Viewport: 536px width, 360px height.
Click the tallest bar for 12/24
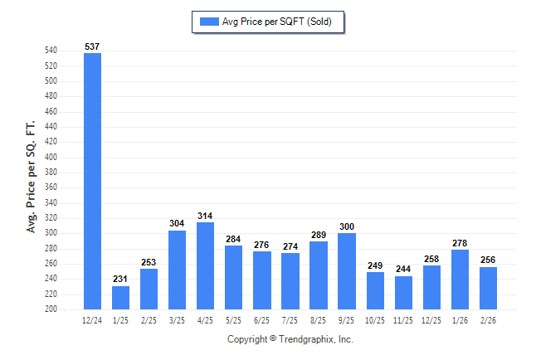pos(92,181)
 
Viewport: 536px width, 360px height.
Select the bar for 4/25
pos(205,265)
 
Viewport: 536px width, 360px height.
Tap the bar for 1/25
pos(120,297)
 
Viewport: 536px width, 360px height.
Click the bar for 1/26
pos(459,279)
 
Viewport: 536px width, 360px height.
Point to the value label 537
pos(92,46)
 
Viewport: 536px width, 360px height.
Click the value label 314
pos(205,216)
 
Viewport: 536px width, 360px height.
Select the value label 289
pos(318,235)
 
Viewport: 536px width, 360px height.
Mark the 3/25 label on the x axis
pos(177,319)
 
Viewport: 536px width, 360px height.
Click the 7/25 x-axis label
pos(290,319)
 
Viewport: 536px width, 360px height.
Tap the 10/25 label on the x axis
pos(374,319)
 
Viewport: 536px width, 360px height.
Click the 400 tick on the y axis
pos(51,157)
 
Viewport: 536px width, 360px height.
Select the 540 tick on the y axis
pos(51,51)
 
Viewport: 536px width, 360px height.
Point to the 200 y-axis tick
pos(51,309)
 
